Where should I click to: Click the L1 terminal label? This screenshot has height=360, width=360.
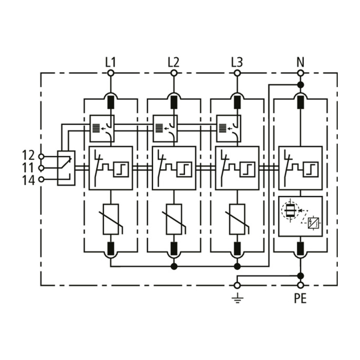point(111,62)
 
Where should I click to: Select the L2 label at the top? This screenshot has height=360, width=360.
point(173,62)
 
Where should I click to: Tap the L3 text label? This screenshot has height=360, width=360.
point(237,62)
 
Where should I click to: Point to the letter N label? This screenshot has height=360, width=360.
point(300,62)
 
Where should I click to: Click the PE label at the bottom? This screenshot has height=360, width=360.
point(300,298)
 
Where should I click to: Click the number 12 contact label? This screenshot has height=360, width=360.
point(28,155)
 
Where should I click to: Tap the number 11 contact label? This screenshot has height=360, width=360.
point(28,168)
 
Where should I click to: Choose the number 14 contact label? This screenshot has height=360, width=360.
point(28,180)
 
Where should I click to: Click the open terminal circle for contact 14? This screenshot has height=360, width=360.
point(41,180)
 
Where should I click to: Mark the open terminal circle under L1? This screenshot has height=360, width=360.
point(111,73)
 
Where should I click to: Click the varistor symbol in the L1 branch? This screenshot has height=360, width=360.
point(111,219)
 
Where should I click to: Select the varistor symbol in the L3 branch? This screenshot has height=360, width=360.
point(237,219)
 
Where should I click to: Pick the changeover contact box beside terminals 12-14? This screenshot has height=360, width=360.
point(66,168)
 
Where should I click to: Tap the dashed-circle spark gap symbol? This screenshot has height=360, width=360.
point(290,210)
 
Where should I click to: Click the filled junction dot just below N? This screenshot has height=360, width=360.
point(300,85)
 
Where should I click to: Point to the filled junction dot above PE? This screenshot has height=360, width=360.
point(300,276)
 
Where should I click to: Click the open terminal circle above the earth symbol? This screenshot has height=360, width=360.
point(237,285)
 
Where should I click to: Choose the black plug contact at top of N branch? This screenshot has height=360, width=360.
point(300,102)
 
